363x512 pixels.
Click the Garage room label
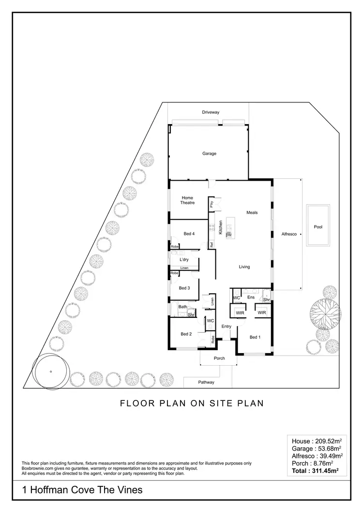click(209, 154)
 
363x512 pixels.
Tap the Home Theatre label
click(187, 200)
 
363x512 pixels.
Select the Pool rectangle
click(318, 226)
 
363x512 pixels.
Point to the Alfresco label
click(289, 234)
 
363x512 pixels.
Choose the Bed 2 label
click(187, 334)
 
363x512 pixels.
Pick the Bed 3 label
click(184, 288)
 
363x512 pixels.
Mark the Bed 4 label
click(189, 234)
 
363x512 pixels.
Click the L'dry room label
click(183, 260)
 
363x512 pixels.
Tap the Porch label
click(220, 358)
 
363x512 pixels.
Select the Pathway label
click(206, 382)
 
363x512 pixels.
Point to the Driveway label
click(211, 112)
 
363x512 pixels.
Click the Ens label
click(251, 298)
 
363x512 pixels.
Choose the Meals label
click(252, 212)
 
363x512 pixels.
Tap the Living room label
click(244, 267)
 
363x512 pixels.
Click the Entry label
click(226, 327)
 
